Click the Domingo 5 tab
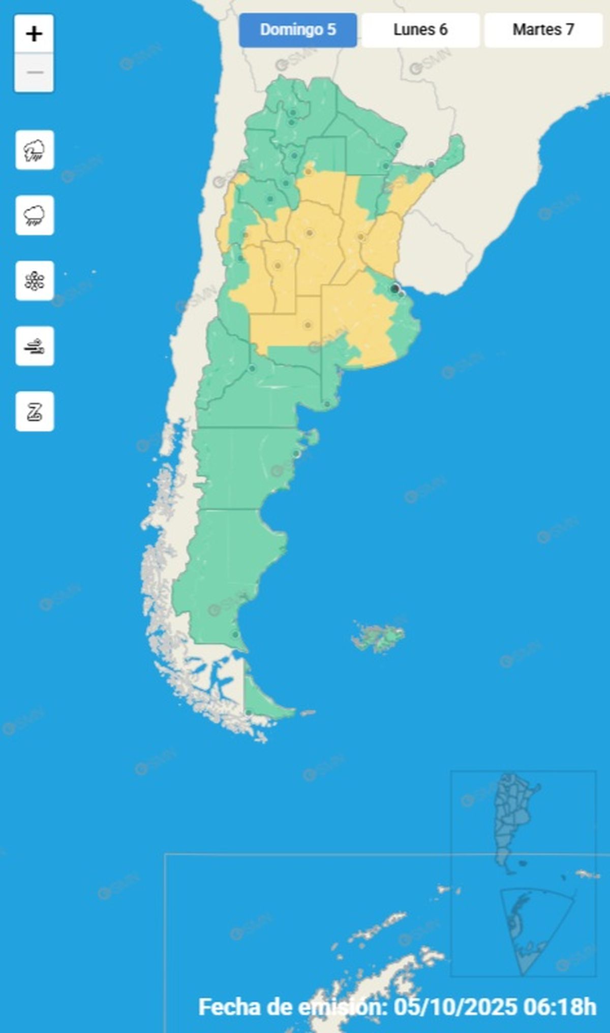click(x=298, y=30)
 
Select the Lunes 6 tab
click(x=420, y=30)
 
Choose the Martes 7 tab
click(x=543, y=30)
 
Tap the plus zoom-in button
click(x=34, y=34)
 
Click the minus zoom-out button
click(x=34, y=73)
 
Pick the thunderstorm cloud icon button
click(x=35, y=150)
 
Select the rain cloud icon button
click(x=35, y=215)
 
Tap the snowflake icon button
click(x=35, y=281)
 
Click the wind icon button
click(x=35, y=346)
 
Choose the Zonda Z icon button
click(x=35, y=411)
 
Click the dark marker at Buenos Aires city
click(x=394, y=288)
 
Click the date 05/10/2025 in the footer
click(x=455, y=1007)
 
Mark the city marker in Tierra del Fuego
click(x=249, y=713)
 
